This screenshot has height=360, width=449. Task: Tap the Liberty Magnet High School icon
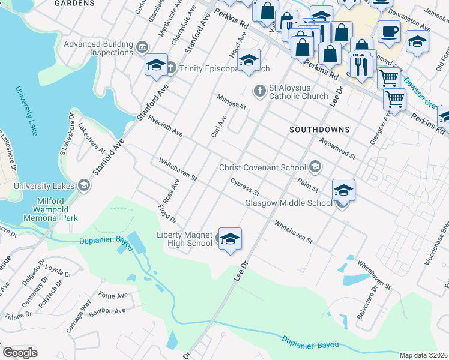coord(230,239)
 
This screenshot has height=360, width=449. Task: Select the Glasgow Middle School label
coord(289,203)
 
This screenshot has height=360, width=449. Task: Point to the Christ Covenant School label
coord(263,167)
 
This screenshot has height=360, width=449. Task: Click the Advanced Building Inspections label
coord(98,48)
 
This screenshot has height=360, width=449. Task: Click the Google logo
coord(20,353)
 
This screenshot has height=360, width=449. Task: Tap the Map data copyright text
coord(423,355)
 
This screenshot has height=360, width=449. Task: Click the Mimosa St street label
coord(232,101)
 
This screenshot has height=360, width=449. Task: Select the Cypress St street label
coord(244,187)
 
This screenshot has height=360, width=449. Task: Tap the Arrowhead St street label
coord(338,148)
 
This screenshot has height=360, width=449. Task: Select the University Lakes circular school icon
coord(84,185)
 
